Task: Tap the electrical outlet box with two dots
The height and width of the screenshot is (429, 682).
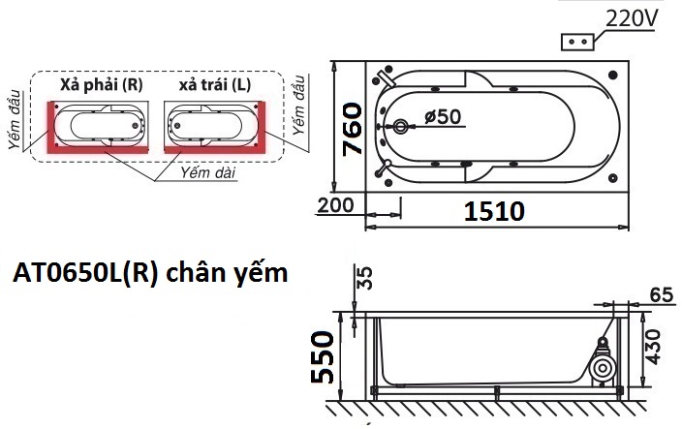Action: point(578,43)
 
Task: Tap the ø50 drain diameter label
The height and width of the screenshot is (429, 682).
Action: point(444,117)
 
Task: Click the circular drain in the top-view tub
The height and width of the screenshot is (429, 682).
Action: point(402,127)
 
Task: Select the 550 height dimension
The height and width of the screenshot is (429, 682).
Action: point(324,356)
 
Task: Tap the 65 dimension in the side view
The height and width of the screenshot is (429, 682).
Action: point(662,294)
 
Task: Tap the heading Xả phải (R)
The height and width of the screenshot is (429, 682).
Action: point(101,84)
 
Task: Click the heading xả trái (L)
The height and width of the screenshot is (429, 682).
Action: point(214,84)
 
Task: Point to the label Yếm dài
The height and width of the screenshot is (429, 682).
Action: point(209,171)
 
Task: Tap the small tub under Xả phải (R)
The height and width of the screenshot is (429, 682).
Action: point(102,124)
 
